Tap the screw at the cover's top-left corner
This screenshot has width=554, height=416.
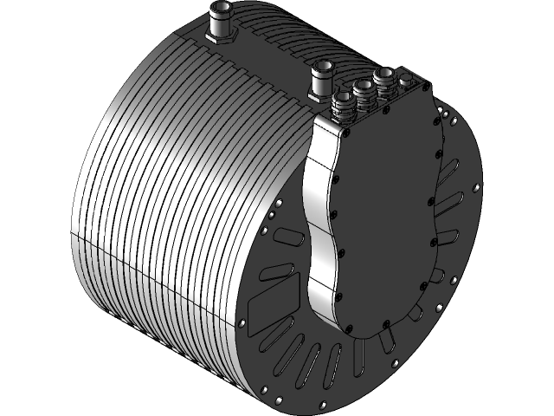point(347,133)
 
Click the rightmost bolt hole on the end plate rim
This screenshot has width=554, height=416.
point(477,185)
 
